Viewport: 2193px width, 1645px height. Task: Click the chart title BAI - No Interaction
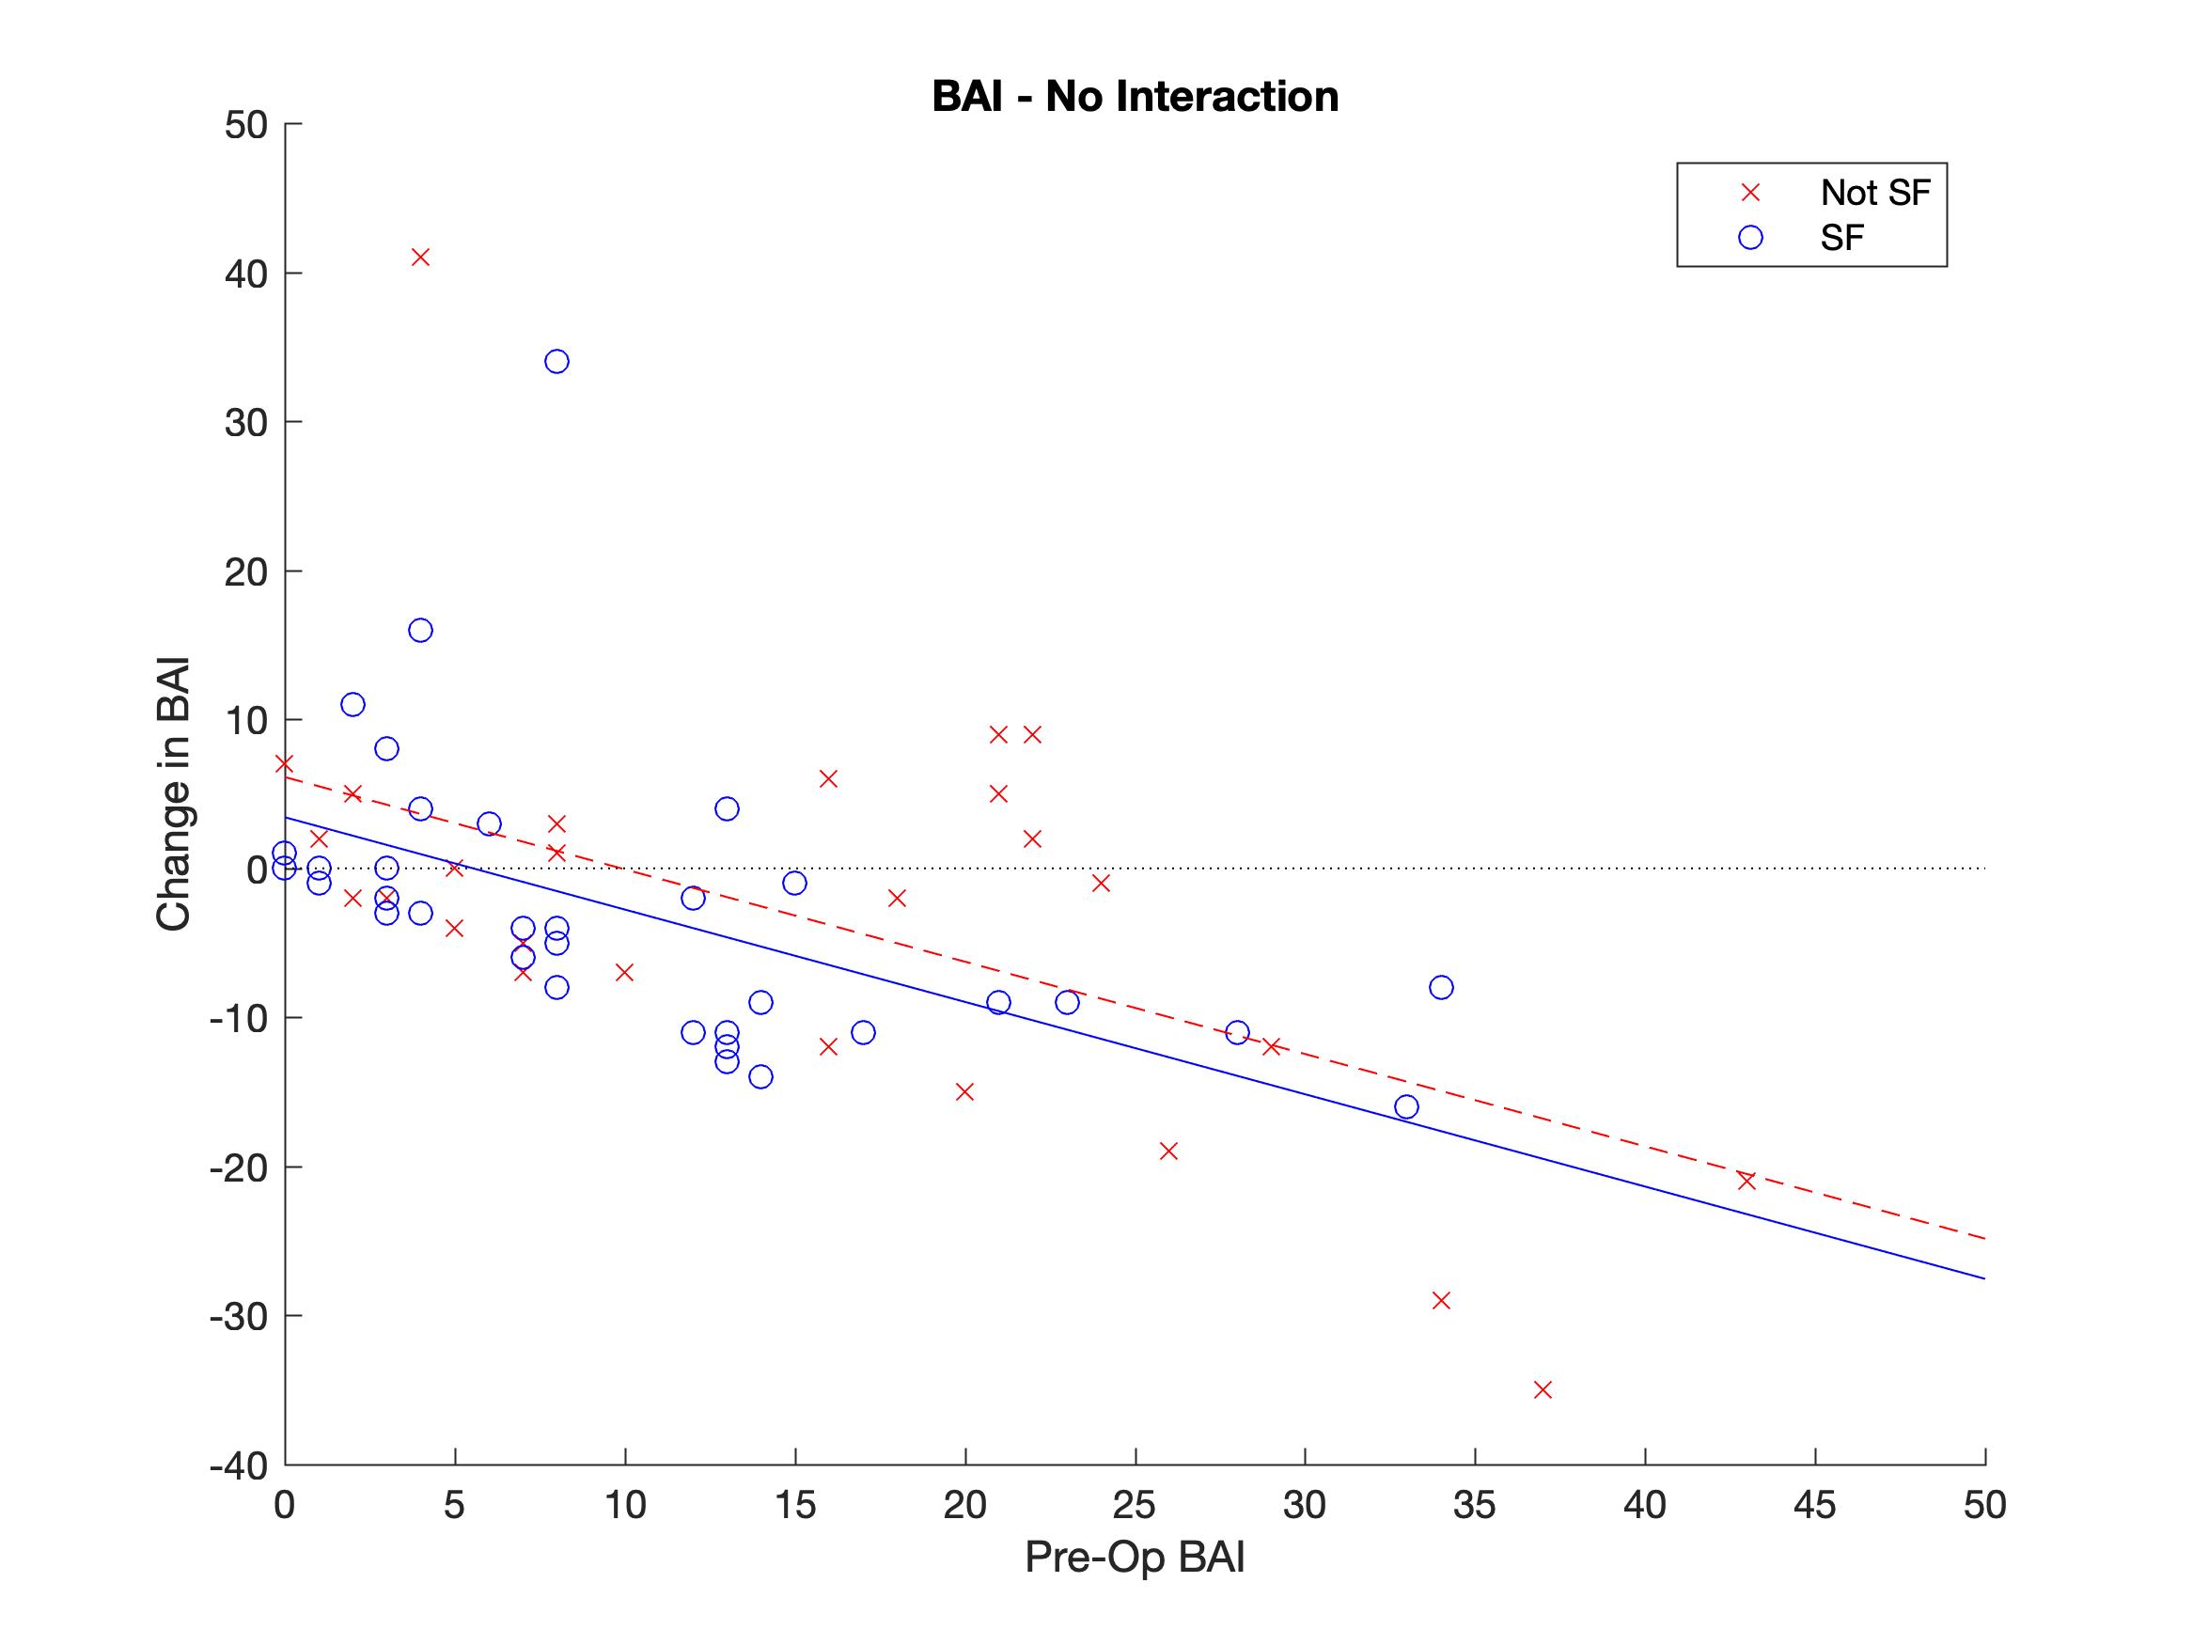[1136, 97]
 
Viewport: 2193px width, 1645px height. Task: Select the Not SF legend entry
[1873, 193]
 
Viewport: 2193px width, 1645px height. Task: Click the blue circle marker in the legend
[1751, 238]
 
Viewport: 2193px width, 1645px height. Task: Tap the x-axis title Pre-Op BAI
[1135, 1558]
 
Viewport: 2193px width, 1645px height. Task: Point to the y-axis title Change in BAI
[173, 794]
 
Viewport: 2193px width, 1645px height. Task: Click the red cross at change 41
[420, 258]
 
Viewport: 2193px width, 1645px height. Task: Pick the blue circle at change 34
[557, 362]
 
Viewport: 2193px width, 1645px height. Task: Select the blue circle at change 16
[420, 631]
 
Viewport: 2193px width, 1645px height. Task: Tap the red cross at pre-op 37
[1543, 1390]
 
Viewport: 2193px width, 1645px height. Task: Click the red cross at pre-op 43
[1747, 1181]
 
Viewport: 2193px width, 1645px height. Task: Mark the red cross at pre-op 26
[1168, 1151]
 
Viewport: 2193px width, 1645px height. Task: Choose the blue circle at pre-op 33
[1407, 1106]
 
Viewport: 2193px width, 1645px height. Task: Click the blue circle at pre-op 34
[1442, 988]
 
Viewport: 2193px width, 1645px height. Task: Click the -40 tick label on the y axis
[240, 1465]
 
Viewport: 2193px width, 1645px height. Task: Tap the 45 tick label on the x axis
[1815, 1506]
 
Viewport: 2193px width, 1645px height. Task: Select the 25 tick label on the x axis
[1136, 1506]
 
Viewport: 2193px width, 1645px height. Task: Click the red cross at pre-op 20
[964, 1091]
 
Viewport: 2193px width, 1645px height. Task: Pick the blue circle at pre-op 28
[1237, 1032]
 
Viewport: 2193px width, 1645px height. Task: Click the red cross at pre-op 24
[1101, 884]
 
